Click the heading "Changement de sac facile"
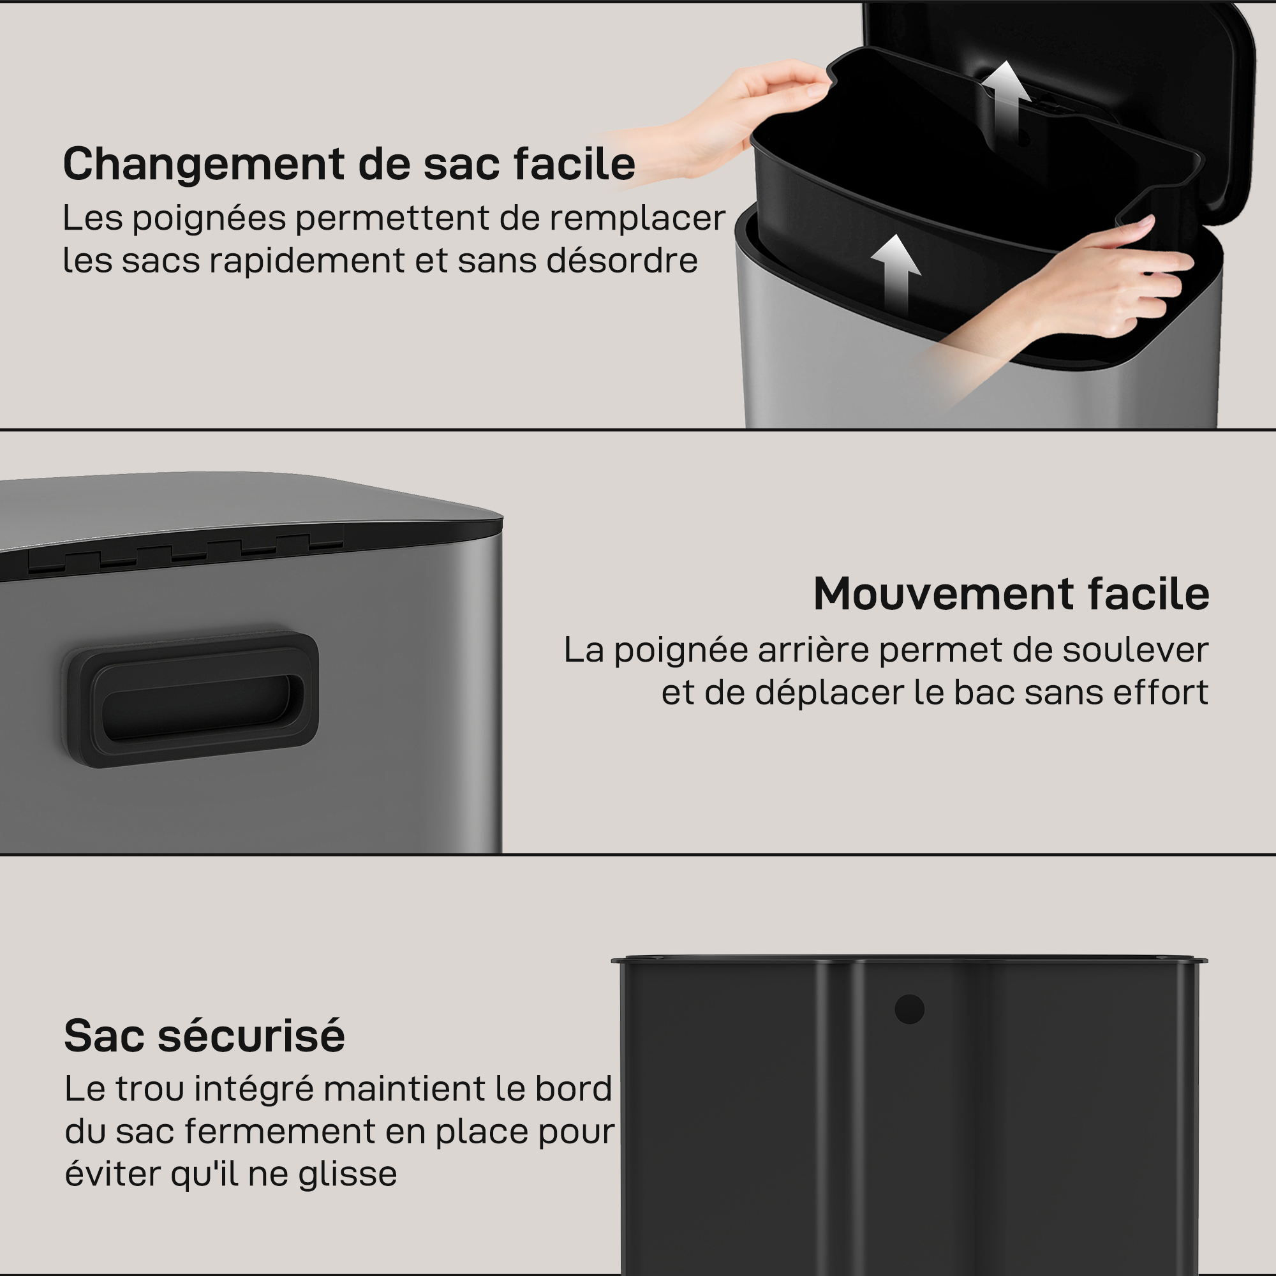point(349,164)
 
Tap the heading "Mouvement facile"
point(1011,594)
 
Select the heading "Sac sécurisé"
point(205,1035)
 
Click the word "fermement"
point(280,1131)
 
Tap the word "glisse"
point(348,1175)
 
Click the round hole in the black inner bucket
point(909,1009)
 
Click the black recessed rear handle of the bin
point(190,699)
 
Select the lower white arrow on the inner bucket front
point(896,274)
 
